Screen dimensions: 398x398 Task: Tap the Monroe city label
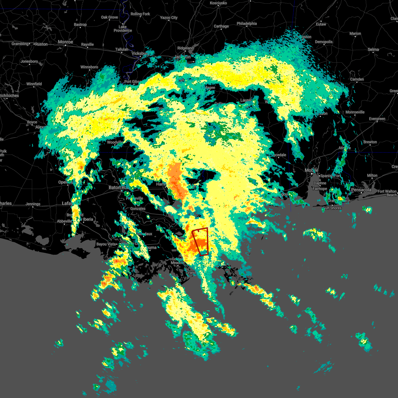click(65, 42)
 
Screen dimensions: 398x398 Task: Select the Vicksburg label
click(140, 53)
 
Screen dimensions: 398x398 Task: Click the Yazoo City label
click(169, 18)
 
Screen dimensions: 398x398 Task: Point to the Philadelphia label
click(247, 24)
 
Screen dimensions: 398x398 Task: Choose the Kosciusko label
click(218, 3)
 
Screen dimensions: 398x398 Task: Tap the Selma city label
click(373, 49)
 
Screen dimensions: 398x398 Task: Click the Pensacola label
click(361, 190)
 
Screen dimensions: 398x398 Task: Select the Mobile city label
click(311, 170)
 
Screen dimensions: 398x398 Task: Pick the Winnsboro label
click(89, 67)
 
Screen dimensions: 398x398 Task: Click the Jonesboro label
click(29, 61)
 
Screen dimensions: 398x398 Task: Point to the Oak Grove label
click(109, 17)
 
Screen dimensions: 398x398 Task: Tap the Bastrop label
click(80, 25)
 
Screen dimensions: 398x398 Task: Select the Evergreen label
click(377, 119)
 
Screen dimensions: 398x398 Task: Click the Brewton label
click(370, 142)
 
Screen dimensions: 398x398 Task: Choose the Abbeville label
click(64, 221)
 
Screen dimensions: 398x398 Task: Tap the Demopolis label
click(324, 42)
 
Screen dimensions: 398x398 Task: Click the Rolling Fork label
click(140, 14)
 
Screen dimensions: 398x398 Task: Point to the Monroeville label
click(355, 112)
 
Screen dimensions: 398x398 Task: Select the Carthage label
click(221, 26)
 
